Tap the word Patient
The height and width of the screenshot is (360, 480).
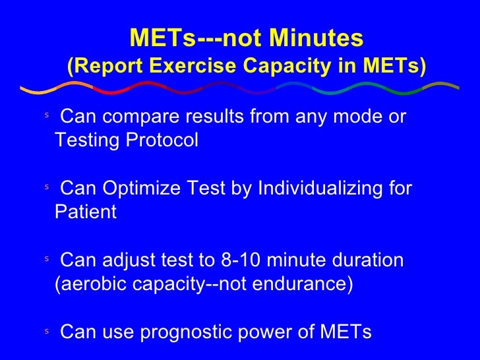pos(85,212)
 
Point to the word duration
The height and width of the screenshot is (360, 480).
pos(366,260)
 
